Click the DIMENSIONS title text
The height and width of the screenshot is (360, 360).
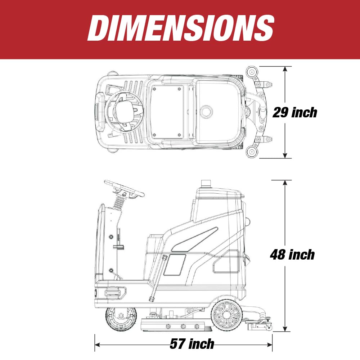[x=181, y=28]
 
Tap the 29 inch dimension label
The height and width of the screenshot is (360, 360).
[x=295, y=112]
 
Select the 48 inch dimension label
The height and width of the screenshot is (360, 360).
[x=292, y=255]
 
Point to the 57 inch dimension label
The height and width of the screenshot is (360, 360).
[x=192, y=344]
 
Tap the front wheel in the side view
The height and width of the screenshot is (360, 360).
[x=121, y=319]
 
